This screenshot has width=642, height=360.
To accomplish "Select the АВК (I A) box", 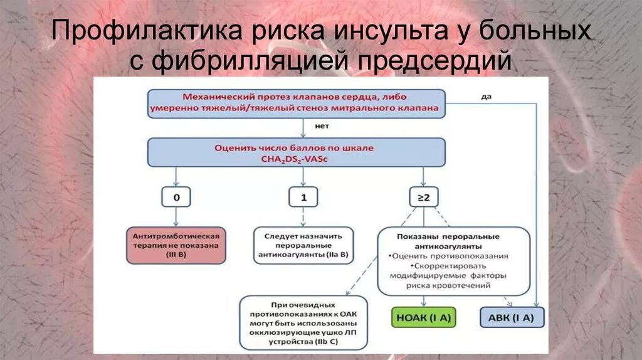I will coord(512,317).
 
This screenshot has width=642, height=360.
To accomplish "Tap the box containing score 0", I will coord(176,198).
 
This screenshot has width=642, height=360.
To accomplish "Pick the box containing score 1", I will coord(303,198).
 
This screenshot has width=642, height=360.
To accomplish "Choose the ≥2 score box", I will coord(423,198).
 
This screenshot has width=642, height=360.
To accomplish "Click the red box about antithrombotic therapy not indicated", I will coord(176,245).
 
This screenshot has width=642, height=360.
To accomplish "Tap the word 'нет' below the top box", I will coord(304,127).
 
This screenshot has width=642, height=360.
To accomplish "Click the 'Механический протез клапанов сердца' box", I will coord(296,103).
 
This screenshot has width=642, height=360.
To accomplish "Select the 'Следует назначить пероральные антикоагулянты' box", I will coord(303,245).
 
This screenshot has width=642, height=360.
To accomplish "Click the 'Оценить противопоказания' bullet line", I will coord(448,256).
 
